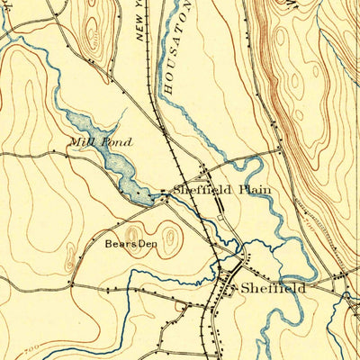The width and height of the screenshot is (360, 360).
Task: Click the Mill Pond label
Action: pyautogui.click(x=103, y=142)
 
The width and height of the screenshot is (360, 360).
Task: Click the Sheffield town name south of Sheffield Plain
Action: pyautogui.click(x=272, y=289)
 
